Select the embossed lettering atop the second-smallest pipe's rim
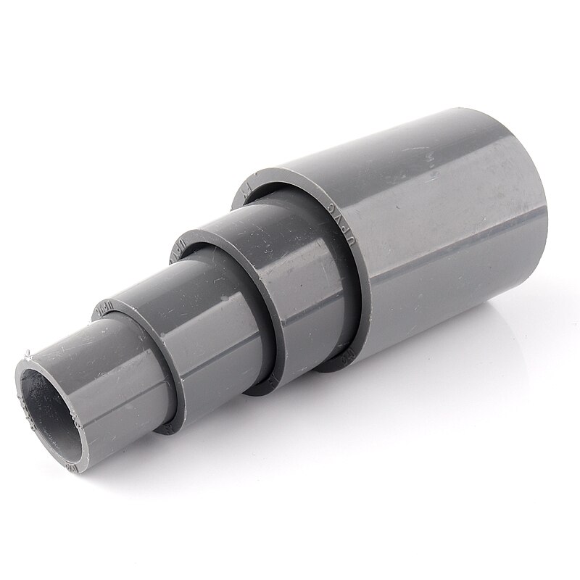104,308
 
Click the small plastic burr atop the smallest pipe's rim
26,357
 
